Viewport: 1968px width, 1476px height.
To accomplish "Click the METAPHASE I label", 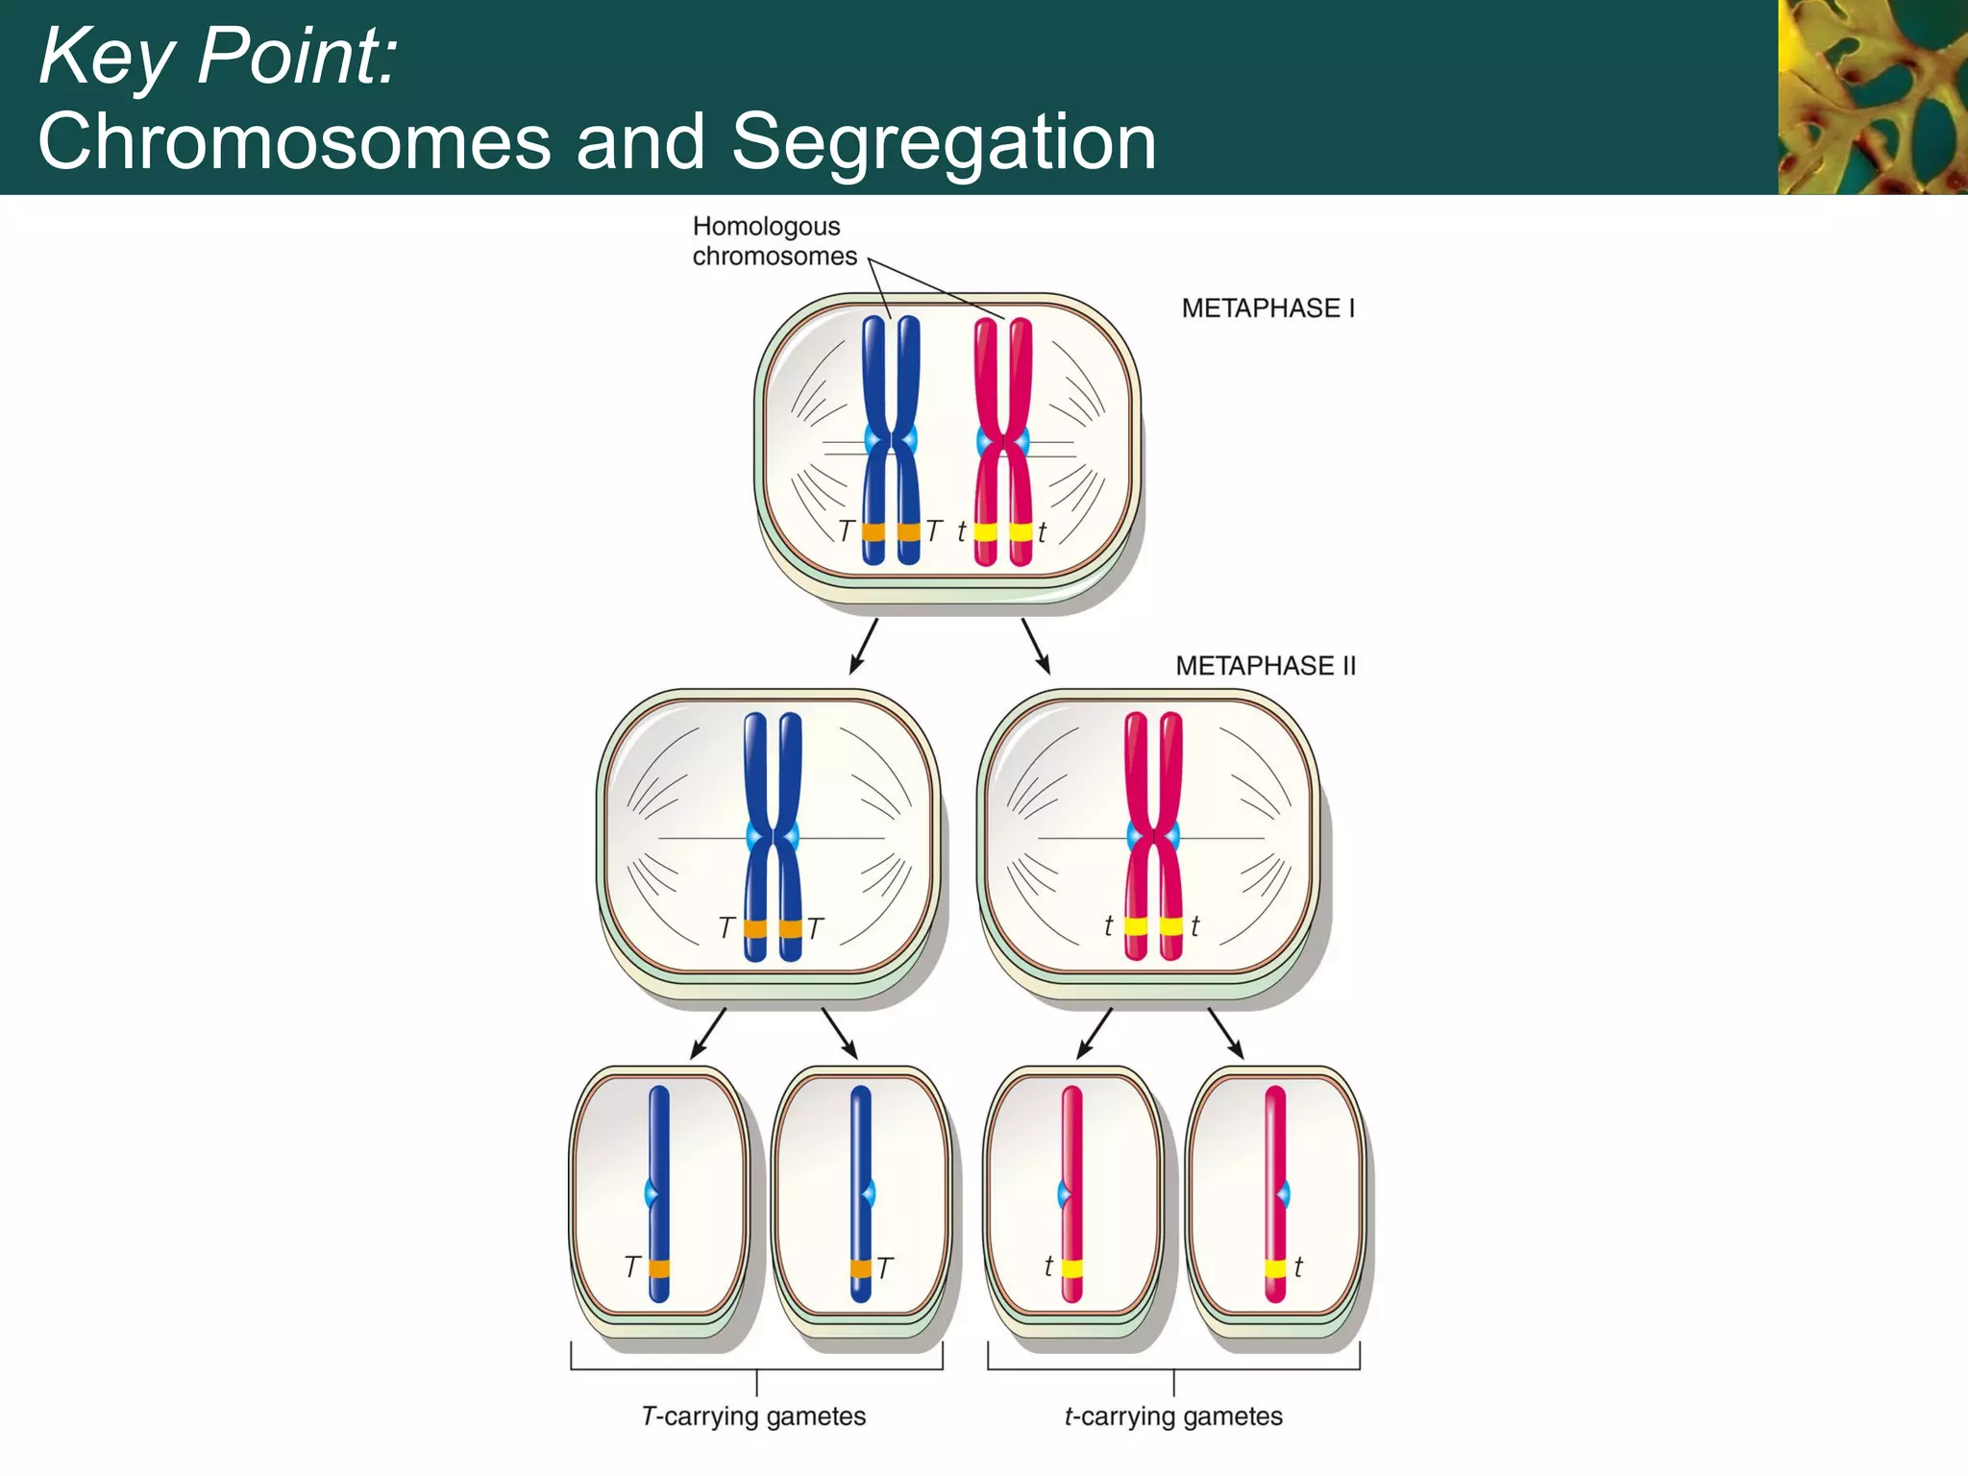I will pyautogui.click(x=1267, y=308).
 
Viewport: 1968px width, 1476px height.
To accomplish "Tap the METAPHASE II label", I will pyautogui.click(x=1265, y=666).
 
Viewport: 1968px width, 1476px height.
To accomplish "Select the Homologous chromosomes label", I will pyautogui.click(x=774, y=241).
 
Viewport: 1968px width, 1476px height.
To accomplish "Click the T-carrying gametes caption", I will pyautogui.click(x=753, y=1416).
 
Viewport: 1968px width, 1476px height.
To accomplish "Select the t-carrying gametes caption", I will pyautogui.click(x=1173, y=1416).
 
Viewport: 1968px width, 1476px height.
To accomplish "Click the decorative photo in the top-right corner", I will pyautogui.click(x=1872, y=96).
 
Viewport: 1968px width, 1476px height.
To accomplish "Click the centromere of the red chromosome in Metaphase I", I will pyautogui.click(x=1003, y=442).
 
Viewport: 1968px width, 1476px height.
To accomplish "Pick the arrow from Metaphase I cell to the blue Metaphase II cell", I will pyautogui.click(x=863, y=647).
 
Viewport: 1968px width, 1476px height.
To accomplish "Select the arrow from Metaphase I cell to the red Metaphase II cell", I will pyautogui.click(x=1036, y=647).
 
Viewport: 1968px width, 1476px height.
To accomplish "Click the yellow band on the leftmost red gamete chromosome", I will pyautogui.click(x=1072, y=1268).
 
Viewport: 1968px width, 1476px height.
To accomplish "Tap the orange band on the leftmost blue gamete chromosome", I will pyautogui.click(x=659, y=1268).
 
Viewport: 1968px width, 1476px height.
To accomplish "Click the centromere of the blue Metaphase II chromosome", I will pyautogui.click(x=773, y=837).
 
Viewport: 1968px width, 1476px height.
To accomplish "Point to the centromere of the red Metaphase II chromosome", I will pyautogui.click(x=1153, y=837).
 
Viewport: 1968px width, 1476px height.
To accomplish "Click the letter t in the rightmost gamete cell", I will pyautogui.click(x=1298, y=1267).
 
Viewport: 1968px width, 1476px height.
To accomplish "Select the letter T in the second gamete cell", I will pyautogui.click(x=885, y=1268).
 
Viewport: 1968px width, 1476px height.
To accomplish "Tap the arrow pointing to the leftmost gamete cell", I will pyautogui.click(x=708, y=1034).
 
